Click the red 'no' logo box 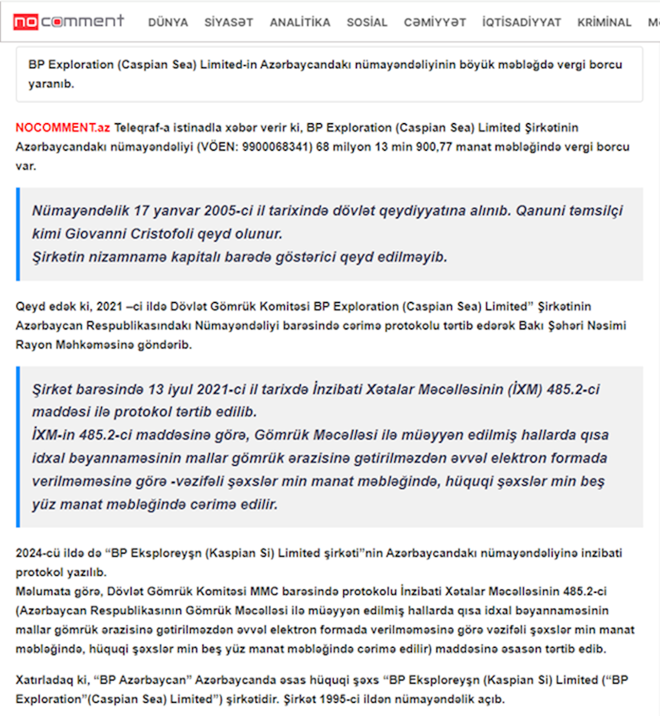click(x=26, y=22)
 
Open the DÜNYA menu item click(x=168, y=23)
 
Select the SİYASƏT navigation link click(x=229, y=23)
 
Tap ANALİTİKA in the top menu click(x=300, y=23)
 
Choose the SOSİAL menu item click(x=367, y=23)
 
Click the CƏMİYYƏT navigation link click(x=435, y=23)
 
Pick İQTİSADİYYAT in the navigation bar click(x=521, y=23)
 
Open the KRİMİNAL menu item click(x=604, y=23)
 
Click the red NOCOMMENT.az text click(x=63, y=128)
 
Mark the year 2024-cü click(x=38, y=553)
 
